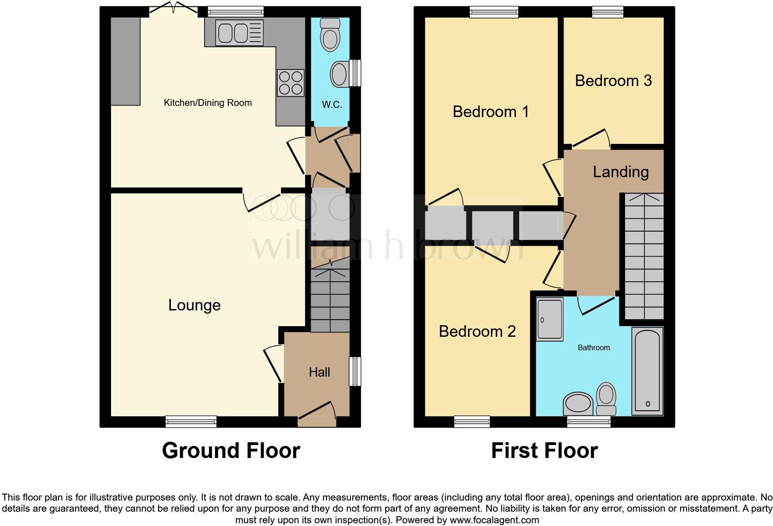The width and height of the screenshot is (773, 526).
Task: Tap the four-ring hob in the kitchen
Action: click(290, 82)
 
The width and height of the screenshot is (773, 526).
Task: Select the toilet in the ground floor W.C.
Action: click(330, 34)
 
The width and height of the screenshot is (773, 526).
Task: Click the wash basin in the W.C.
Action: click(340, 74)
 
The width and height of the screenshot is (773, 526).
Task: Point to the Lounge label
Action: click(194, 305)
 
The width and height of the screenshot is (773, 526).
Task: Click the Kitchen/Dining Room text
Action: click(208, 103)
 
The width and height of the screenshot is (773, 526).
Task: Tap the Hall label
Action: click(319, 372)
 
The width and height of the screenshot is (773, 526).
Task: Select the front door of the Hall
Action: click(317, 414)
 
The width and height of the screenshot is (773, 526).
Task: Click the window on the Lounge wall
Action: click(191, 421)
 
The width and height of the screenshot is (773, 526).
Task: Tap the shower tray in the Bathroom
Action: click(550, 320)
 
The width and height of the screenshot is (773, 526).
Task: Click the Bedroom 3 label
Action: click(613, 81)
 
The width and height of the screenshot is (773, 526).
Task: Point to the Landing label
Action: click(620, 172)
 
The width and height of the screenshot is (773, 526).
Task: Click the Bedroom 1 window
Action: click(494, 12)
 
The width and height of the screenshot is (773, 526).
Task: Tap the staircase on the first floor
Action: click(644, 257)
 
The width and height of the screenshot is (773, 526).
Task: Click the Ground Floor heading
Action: click(231, 450)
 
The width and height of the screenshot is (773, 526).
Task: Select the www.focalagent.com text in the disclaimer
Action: click(494, 520)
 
